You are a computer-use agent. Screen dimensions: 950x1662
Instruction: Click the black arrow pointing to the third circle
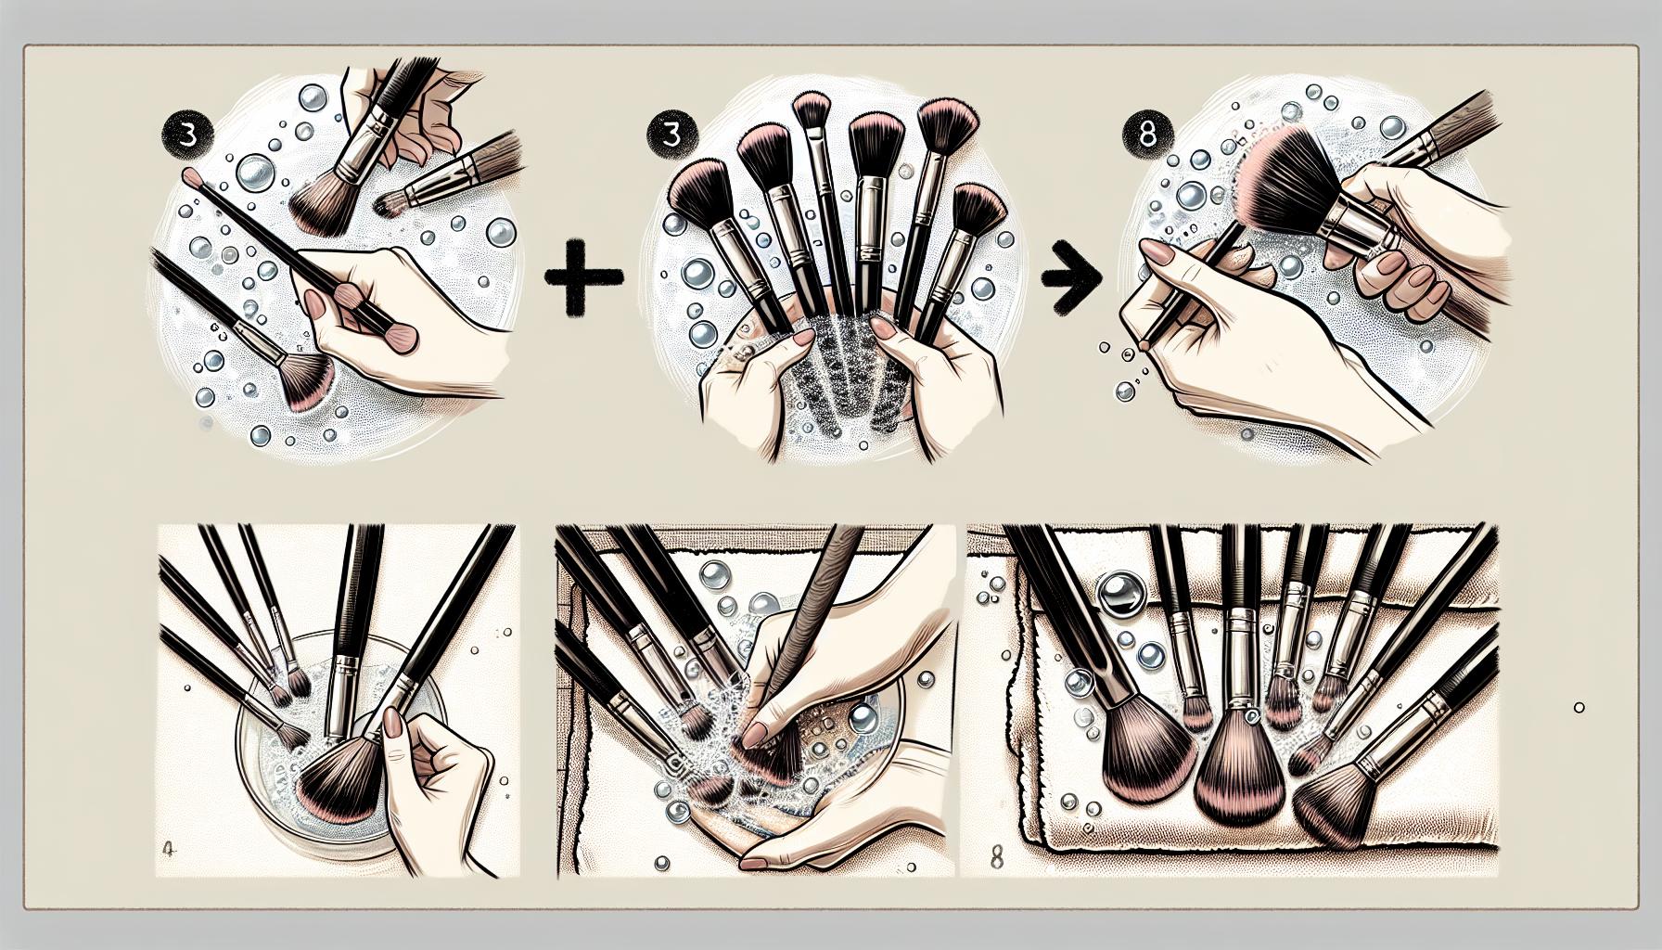(x=1073, y=276)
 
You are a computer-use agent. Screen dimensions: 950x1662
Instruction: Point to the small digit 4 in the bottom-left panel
(x=169, y=848)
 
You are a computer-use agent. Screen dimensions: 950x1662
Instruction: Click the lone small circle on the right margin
(x=1579, y=708)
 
